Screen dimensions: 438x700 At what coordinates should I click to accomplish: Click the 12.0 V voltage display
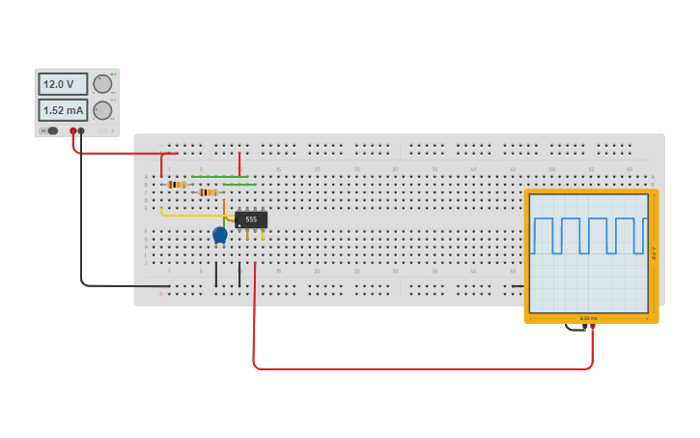click(63, 84)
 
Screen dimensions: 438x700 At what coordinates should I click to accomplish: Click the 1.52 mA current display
click(63, 110)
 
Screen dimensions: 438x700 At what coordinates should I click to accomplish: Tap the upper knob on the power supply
click(102, 84)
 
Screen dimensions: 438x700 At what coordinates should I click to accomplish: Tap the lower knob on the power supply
click(102, 110)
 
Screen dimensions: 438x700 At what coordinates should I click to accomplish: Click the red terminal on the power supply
click(72, 131)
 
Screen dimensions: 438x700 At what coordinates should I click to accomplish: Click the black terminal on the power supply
click(81, 131)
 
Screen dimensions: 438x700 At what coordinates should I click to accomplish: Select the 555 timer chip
click(251, 219)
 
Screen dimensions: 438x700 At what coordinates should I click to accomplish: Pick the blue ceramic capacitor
click(220, 234)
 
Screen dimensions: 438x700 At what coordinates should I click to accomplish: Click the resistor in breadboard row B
click(177, 185)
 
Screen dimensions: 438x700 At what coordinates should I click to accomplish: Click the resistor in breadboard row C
click(208, 192)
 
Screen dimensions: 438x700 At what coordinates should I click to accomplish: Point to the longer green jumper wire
click(220, 177)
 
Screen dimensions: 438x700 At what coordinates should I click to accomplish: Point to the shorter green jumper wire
click(239, 185)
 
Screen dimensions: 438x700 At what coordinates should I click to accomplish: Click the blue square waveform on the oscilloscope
click(588, 235)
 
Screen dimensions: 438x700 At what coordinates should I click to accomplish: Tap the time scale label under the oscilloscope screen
click(589, 318)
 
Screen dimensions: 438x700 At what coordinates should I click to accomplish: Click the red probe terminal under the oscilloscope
click(593, 327)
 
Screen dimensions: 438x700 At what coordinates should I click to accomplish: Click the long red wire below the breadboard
click(425, 368)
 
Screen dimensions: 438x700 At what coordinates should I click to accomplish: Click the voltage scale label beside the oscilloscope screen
click(654, 253)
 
